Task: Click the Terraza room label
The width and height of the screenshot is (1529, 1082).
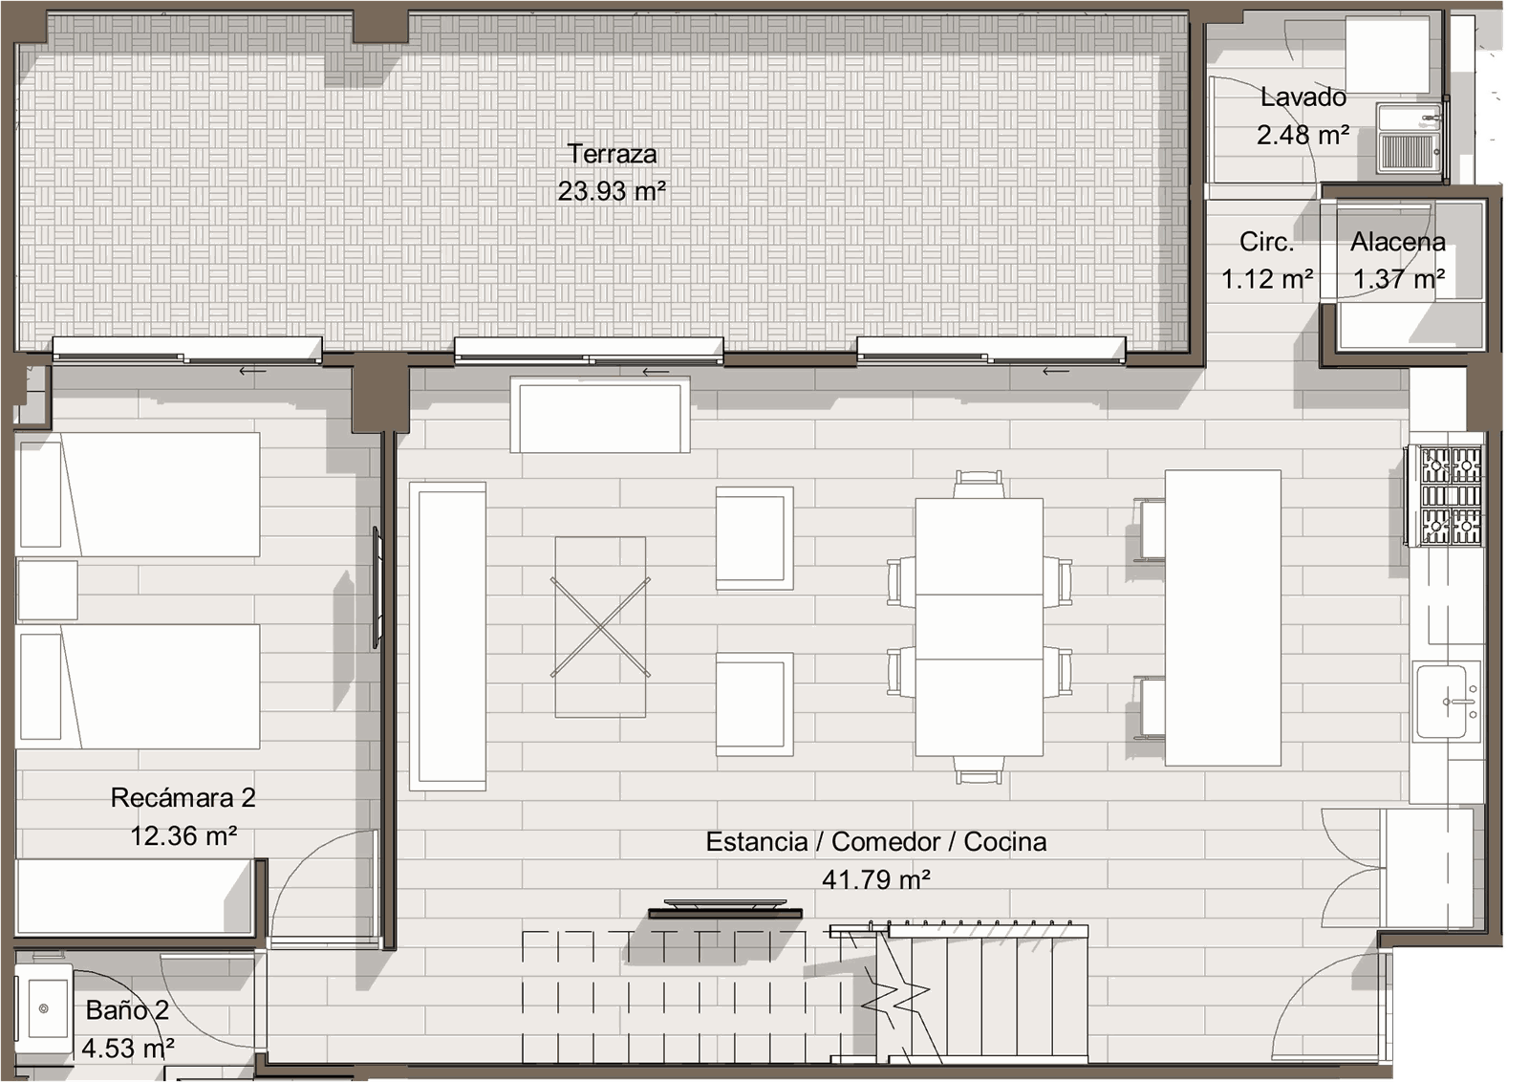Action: [612, 154]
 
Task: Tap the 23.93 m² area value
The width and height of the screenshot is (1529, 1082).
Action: [612, 191]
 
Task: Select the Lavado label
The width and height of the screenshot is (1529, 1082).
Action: [1303, 97]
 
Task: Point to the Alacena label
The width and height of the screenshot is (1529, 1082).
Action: [1398, 242]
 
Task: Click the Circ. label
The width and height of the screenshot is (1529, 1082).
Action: [1267, 242]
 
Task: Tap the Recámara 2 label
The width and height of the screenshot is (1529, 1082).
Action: [183, 797]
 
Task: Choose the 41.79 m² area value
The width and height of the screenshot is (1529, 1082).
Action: [875, 879]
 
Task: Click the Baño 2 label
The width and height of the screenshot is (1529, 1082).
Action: [128, 1010]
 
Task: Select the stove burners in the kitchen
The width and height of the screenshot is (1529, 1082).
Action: [1451, 496]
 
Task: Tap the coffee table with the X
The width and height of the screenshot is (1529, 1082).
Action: [600, 627]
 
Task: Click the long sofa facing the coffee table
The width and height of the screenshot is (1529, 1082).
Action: [448, 637]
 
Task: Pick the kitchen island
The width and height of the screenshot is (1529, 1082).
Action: [1222, 617]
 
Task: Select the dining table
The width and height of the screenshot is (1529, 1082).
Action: [979, 627]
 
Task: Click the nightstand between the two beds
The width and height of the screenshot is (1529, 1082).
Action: [48, 590]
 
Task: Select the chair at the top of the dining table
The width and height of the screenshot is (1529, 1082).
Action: [979, 484]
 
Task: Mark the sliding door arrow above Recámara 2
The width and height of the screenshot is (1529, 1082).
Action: [252, 372]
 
